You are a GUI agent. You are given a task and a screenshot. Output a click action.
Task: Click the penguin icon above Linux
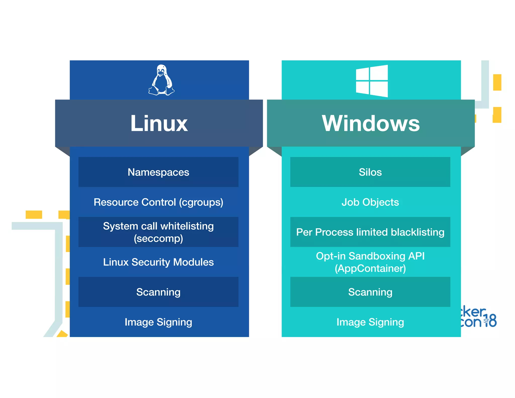[x=161, y=80]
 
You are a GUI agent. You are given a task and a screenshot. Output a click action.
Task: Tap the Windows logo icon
[x=372, y=81]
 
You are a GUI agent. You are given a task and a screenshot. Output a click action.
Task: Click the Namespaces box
[x=158, y=172]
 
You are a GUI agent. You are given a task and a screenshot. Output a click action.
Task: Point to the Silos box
[x=370, y=172]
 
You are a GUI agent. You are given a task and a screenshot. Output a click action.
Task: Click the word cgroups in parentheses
[x=201, y=203]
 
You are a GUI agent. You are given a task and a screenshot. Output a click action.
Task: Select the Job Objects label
[x=370, y=202]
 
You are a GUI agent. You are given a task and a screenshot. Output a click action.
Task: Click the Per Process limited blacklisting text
[x=370, y=232]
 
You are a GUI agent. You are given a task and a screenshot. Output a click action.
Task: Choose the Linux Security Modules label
[x=158, y=262]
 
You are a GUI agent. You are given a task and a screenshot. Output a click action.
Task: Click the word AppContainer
[x=370, y=268]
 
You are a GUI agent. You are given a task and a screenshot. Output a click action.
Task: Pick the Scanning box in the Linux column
[x=158, y=292]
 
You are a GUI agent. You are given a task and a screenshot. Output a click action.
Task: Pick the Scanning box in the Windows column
[x=370, y=292]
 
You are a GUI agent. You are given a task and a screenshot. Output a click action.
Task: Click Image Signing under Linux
[x=158, y=322]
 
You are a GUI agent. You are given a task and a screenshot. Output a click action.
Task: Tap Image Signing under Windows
[x=370, y=322]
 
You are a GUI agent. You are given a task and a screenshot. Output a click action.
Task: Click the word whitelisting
[x=187, y=226]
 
